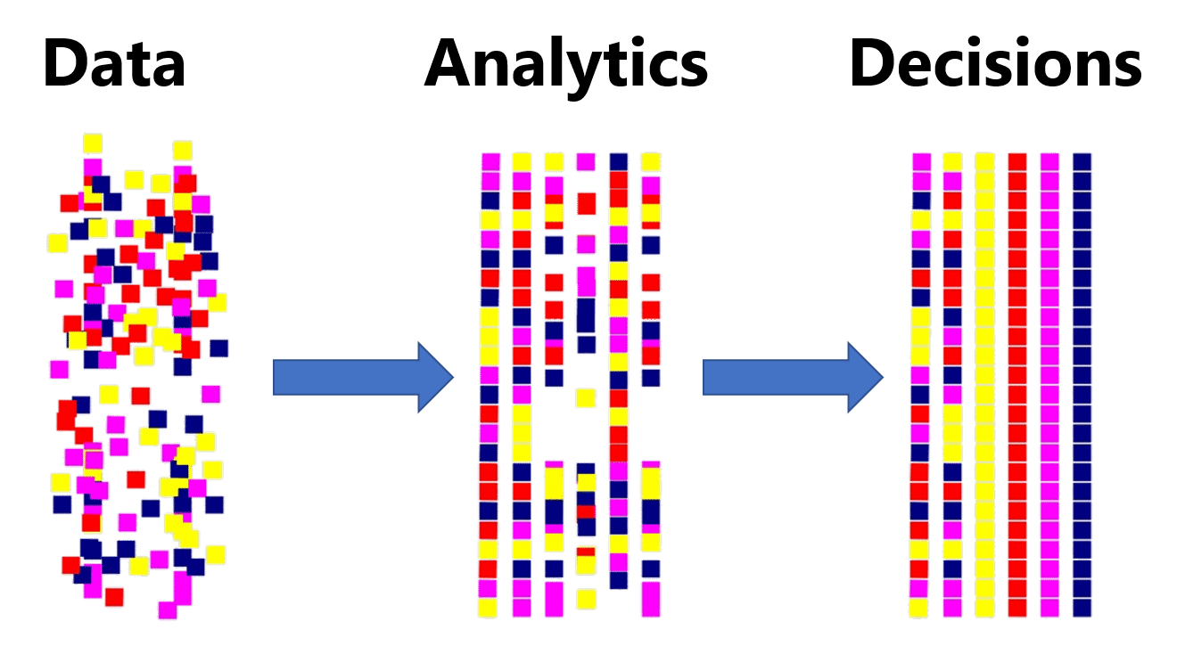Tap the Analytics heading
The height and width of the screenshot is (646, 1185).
pyautogui.click(x=565, y=64)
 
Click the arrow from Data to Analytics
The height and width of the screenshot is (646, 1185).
pyautogui.click(x=362, y=378)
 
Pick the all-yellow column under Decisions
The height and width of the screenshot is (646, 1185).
pyautogui.click(x=984, y=383)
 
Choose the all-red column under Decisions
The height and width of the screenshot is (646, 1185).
pyautogui.click(x=1016, y=383)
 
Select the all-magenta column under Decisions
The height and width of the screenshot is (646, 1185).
pyautogui.click(x=1049, y=383)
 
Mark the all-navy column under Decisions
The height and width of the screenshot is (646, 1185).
pyautogui.click(x=1082, y=383)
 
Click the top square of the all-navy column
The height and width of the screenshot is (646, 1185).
pyautogui.click(x=1082, y=161)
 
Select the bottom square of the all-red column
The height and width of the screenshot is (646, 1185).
pyautogui.click(x=1016, y=608)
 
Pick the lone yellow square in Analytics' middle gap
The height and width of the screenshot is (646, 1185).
pyautogui.click(x=585, y=397)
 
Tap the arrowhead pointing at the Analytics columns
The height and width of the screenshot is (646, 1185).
pyautogui.click(x=437, y=378)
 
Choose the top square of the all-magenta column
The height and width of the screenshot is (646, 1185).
pyautogui.click(x=1049, y=161)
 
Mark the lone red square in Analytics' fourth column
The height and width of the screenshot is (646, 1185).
pyautogui.click(x=586, y=203)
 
